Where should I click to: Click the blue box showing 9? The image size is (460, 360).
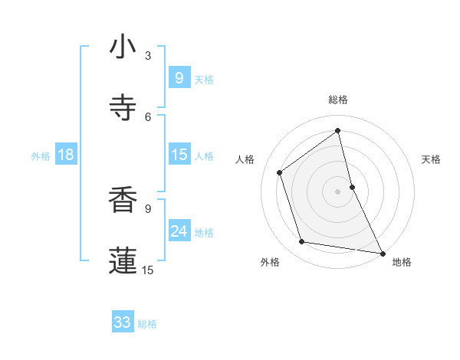179,78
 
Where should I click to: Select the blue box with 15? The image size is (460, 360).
179,155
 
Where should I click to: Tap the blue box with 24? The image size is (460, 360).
179,231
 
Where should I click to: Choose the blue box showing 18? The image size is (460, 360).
66,155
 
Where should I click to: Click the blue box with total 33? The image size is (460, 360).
123,323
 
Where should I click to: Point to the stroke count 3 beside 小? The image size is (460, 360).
148,56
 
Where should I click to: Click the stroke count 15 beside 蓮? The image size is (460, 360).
147,270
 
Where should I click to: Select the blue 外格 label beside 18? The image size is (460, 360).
41,156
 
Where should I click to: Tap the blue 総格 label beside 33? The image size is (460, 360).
147,324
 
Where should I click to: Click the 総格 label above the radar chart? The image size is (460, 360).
338,100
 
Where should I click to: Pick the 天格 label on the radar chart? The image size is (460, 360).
431,159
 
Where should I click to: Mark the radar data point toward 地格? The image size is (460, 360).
382,252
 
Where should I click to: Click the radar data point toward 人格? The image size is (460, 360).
280,172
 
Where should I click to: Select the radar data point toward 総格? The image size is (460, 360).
338,131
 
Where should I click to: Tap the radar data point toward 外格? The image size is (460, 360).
302,242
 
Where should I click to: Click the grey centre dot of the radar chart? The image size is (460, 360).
338,191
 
